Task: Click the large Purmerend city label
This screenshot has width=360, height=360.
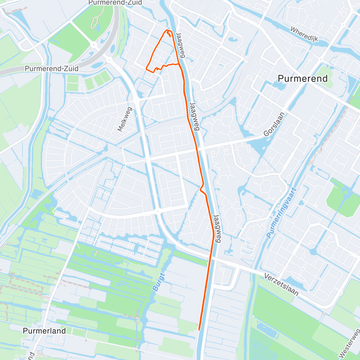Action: [302, 79]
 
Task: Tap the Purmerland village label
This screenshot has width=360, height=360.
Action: [44, 331]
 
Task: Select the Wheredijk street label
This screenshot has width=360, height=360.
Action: [304, 34]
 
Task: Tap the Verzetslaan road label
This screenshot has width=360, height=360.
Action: [281, 284]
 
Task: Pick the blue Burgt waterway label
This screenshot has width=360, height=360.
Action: [159, 282]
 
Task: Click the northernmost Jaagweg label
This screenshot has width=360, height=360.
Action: [180, 45]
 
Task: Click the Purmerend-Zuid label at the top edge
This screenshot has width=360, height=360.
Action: [115, 3]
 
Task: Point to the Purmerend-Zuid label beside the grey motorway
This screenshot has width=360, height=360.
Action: [52, 69]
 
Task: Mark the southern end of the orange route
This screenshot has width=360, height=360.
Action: [199, 330]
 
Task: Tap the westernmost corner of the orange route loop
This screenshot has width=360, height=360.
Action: [146, 68]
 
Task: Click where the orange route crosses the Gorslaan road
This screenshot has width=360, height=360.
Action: [197, 149]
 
